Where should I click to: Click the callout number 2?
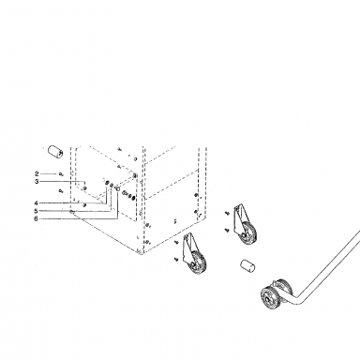point(37,174)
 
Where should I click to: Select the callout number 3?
point(37,182)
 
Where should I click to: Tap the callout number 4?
point(37,203)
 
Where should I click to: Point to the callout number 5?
point(37,211)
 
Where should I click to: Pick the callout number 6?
point(37,218)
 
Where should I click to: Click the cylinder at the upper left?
point(55,151)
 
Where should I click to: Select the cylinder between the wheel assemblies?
point(248,265)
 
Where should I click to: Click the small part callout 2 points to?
point(60,174)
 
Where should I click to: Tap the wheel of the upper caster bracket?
point(248,232)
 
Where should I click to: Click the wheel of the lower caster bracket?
point(198,261)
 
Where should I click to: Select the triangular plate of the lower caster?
point(189,247)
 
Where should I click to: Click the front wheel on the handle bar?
point(269,297)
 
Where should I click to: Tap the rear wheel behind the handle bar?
point(284,289)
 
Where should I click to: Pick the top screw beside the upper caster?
point(227,213)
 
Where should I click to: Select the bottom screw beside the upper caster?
point(227,231)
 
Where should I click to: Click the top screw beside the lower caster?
point(176,241)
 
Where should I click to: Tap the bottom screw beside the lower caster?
point(176,259)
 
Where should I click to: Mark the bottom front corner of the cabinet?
point(142,254)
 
